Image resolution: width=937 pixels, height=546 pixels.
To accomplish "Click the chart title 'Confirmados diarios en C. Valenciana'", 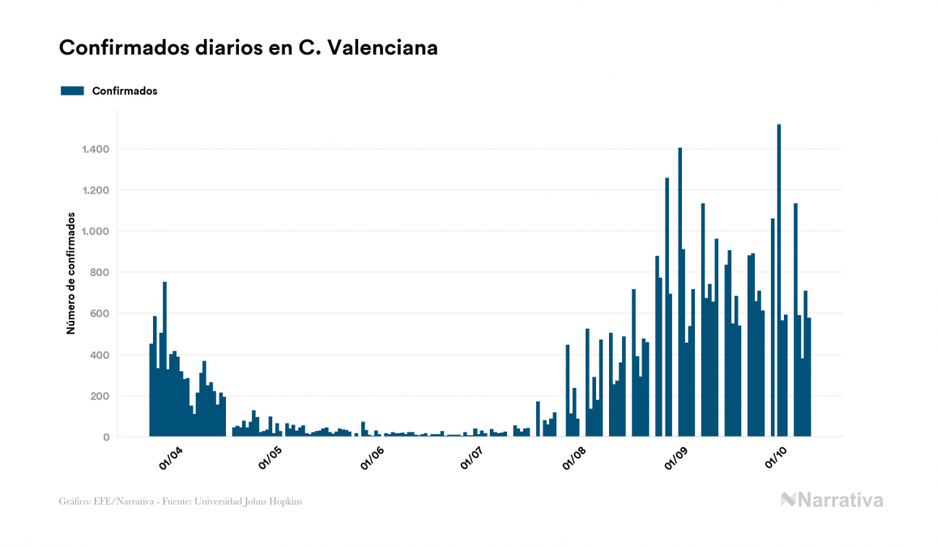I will click(x=249, y=48).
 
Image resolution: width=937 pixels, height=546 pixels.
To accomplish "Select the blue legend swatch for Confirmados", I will click(x=72, y=91).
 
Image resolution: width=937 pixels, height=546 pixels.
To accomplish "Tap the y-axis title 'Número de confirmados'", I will click(x=71, y=274).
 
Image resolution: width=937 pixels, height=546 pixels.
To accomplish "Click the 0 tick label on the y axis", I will click(x=106, y=437).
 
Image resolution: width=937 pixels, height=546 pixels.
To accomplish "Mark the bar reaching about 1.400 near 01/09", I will click(x=680, y=292).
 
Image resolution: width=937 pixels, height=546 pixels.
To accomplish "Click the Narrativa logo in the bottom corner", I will click(x=832, y=500).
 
